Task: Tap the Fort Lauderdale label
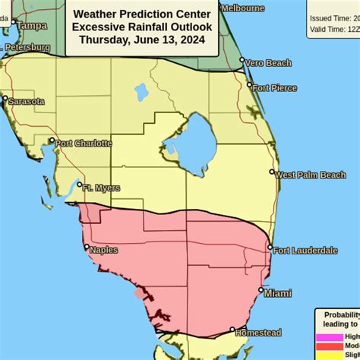pyautogui.click(x=306, y=250)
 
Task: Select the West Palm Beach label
pyautogui.click(x=311, y=175)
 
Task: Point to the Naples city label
pyautogui.click(x=104, y=249)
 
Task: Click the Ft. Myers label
pyautogui.click(x=101, y=188)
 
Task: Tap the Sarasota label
pyautogui.click(x=26, y=100)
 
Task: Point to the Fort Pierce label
pyautogui.click(x=275, y=87)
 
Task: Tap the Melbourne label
pyautogui.click(x=243, y=8)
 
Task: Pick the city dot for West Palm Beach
pyautogui.click(x=272, y=172)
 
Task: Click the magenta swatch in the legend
pyautogui.click(x=329, y=336)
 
